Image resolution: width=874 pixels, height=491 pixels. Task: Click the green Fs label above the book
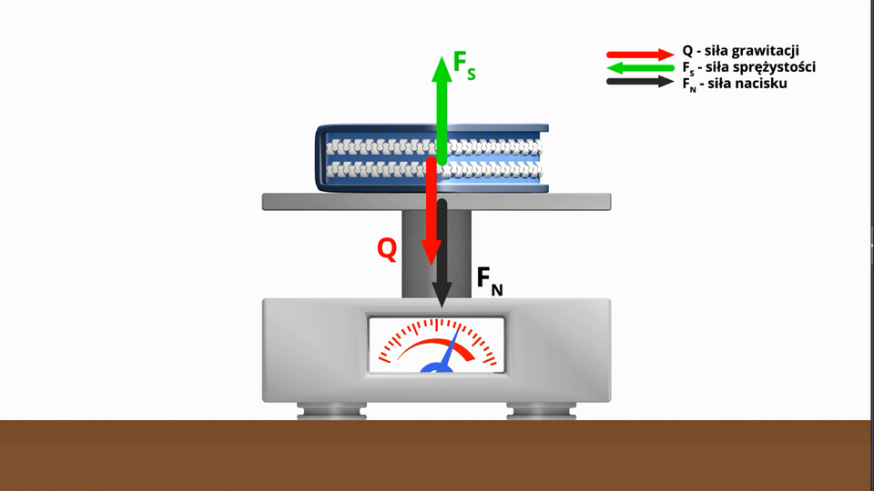[x=464, y=66]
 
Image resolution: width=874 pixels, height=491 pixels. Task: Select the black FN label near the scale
[x=489, y=282]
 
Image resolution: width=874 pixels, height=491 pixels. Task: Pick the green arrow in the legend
[x=641, y=68]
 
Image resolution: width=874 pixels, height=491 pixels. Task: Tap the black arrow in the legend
[x=641, y=83]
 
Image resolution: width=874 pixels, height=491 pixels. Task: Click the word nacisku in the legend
[x=762, y=83]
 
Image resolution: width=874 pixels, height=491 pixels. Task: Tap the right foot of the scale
[x=541, y=411]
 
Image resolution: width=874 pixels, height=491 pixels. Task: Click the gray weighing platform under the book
[x=346, y=202]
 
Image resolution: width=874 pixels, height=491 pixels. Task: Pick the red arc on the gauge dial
[x=428, y=345]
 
